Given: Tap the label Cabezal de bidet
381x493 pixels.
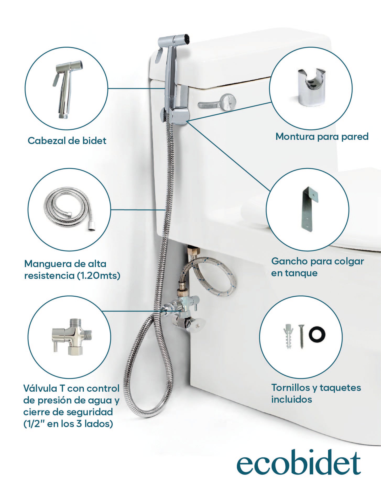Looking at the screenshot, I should point(67,141).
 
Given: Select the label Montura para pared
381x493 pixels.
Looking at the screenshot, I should point(322,136).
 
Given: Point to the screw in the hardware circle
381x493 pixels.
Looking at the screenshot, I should point(301,336).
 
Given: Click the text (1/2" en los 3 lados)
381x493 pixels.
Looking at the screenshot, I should point(68,424).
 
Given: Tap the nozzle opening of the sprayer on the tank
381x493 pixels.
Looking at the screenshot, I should point(186,38).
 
